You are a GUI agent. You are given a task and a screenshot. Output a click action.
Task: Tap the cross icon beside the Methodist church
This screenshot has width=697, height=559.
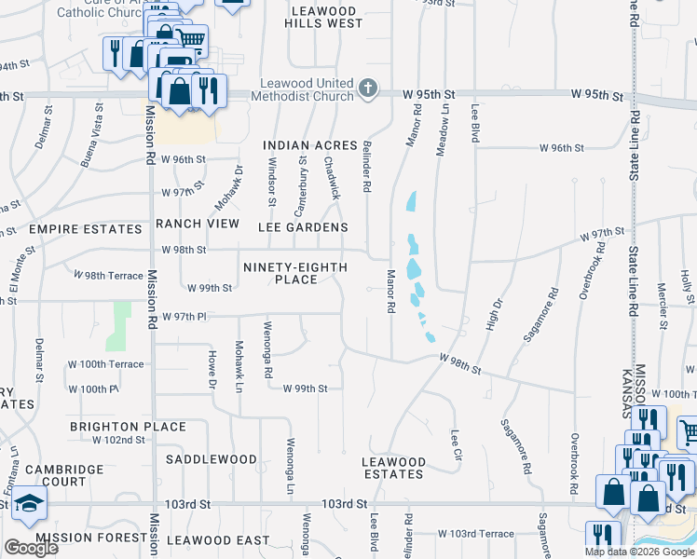click(x=368, y=89)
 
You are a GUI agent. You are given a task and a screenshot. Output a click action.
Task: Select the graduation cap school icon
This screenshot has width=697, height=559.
click(x=30, y=504)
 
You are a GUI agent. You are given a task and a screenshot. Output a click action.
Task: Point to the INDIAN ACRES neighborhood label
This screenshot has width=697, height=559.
click(x=310, y=145)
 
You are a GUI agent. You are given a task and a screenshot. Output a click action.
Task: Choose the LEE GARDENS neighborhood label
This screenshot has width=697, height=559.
click(x=305, y=227)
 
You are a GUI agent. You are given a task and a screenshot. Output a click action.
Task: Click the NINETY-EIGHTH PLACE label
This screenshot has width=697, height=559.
click(x=295, y=274)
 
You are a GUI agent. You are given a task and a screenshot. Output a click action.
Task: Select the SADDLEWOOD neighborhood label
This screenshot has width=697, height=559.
click(x=212, y=459)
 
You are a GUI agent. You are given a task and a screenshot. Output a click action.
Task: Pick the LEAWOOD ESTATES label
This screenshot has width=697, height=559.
click(x=394, y=468)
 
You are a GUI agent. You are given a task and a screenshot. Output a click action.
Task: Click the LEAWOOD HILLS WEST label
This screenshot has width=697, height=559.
click(x=326, y=16)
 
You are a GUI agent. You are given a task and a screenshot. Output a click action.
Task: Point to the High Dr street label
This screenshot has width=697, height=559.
click(x=495, y=317)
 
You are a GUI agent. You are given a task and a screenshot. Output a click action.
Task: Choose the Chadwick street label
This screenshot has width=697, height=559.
click(x=333, y=176)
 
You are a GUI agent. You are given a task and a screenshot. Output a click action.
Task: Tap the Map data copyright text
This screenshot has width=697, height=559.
click(x=638, y=552)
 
